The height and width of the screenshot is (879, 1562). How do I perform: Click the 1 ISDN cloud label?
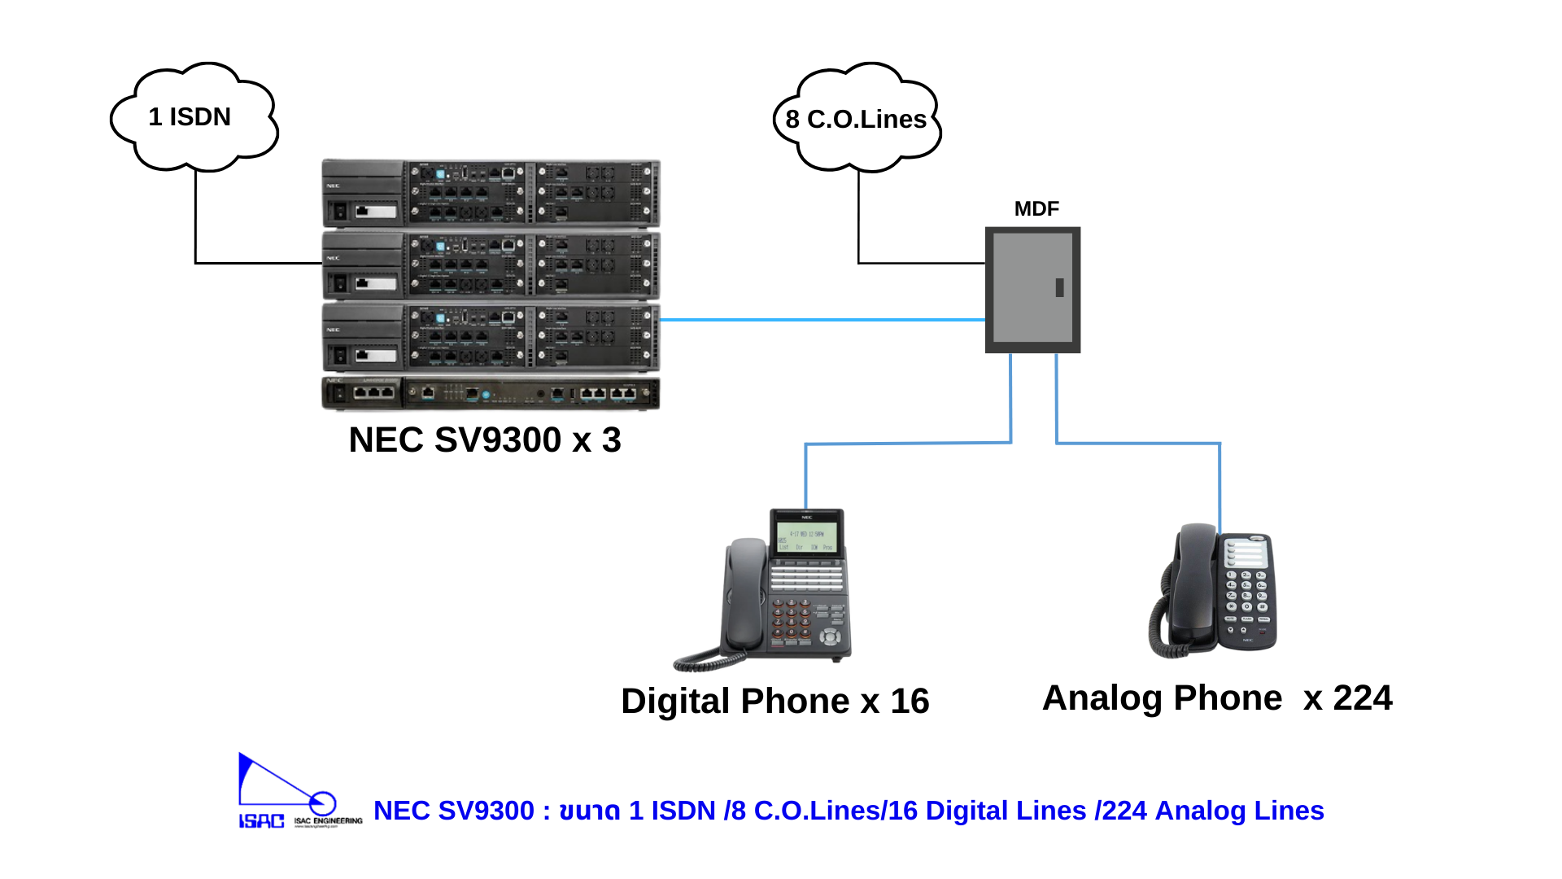click(190, 117)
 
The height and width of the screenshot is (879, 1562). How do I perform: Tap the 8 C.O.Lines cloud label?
click(856, 120)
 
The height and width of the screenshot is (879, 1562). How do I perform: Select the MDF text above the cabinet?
click(1036, 209)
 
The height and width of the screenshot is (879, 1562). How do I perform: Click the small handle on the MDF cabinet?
click(1059, 287)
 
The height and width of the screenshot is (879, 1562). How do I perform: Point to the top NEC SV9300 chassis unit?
click(491, 194)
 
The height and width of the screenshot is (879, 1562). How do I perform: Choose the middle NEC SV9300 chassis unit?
click(491, 265)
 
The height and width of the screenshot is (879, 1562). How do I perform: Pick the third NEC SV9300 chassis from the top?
click(491, 337)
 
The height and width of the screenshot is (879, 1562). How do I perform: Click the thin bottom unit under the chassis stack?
click(491, 393)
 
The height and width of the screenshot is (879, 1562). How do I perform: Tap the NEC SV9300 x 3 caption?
click(485, 440)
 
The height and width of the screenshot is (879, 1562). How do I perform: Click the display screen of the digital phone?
click(806, 537)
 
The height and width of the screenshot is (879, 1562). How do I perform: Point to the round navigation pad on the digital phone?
click(830, 636)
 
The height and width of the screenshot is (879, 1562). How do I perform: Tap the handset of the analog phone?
click(1193, 586)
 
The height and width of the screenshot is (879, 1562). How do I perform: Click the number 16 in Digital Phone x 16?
click(910, 702)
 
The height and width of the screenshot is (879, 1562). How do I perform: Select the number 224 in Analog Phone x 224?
click(1362, 698)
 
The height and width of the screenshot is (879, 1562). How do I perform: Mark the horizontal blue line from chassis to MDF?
click(822, 320)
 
